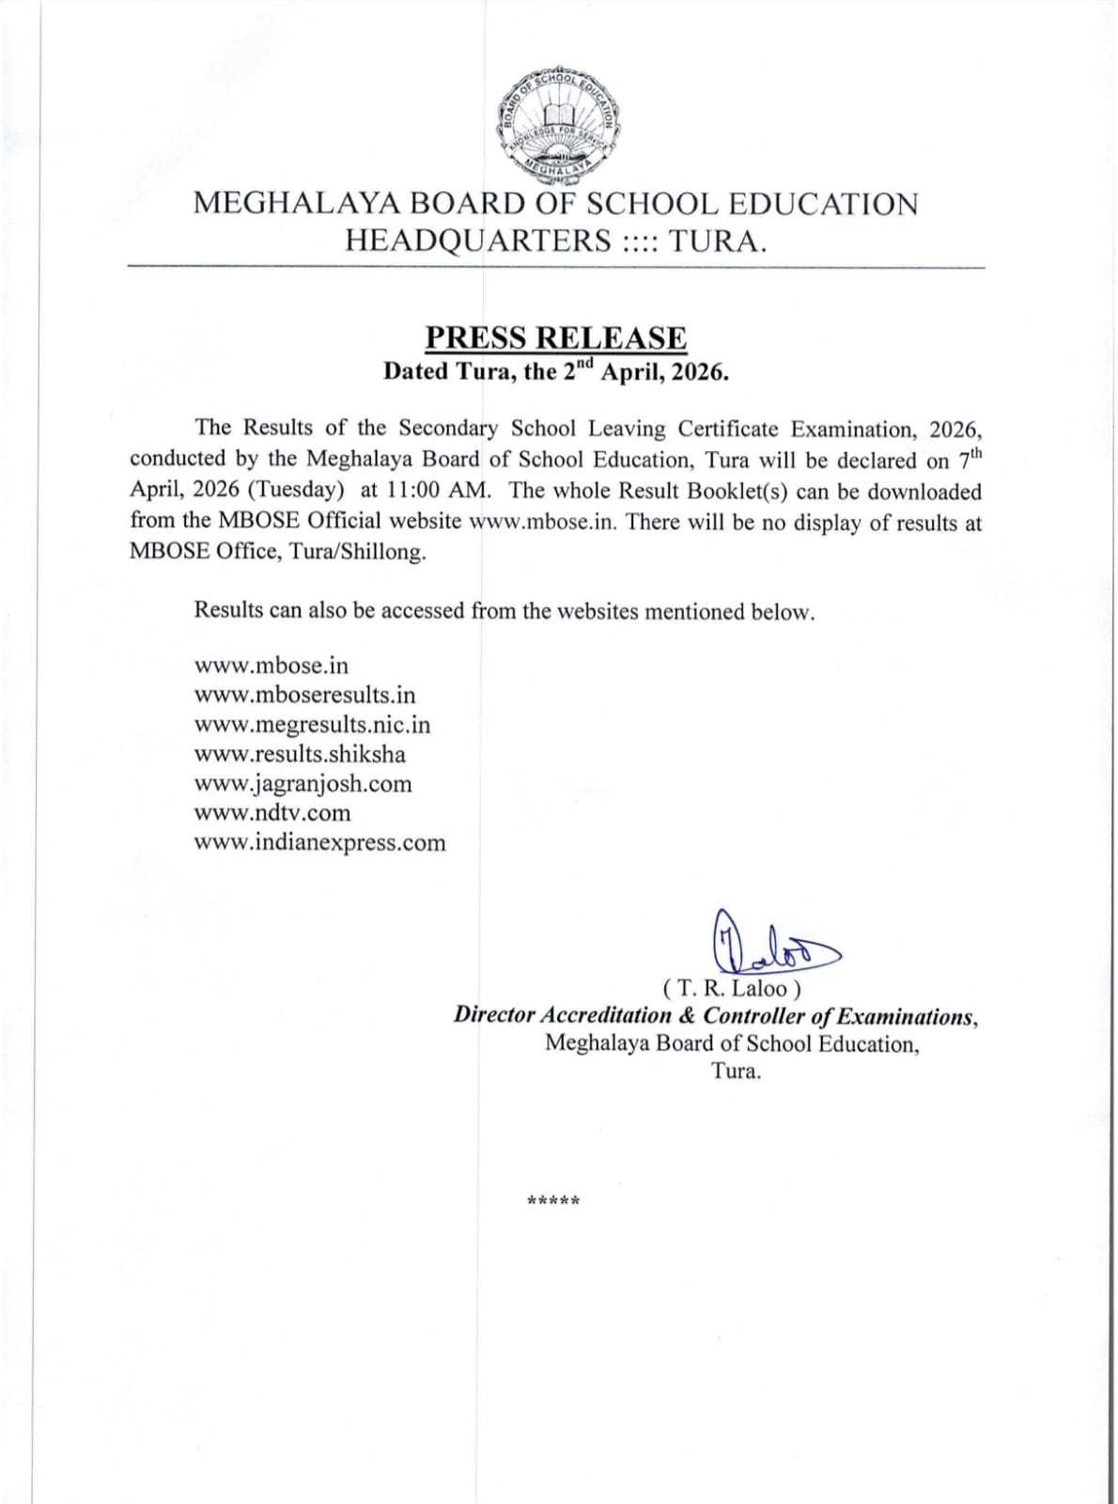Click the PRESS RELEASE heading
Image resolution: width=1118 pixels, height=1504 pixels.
point(556,337)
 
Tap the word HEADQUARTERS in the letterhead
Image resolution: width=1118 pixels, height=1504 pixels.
point(478,242)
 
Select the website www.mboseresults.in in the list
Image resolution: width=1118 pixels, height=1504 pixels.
point(304,696)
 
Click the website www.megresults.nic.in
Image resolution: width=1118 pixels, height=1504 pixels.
point(312,725)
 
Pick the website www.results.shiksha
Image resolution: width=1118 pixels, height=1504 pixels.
point(300,754)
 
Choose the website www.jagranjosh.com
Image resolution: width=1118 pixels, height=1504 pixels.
point(303,784)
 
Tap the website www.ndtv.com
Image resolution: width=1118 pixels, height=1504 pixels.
point(272,813)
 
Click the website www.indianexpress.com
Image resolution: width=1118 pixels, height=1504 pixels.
point(319,842)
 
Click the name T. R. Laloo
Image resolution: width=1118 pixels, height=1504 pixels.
point(732,989)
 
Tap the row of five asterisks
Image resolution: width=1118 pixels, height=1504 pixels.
point(554,1200)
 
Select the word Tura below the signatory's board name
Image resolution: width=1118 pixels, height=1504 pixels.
point(736,1071)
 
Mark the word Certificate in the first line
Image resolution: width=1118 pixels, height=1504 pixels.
point(728,429)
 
